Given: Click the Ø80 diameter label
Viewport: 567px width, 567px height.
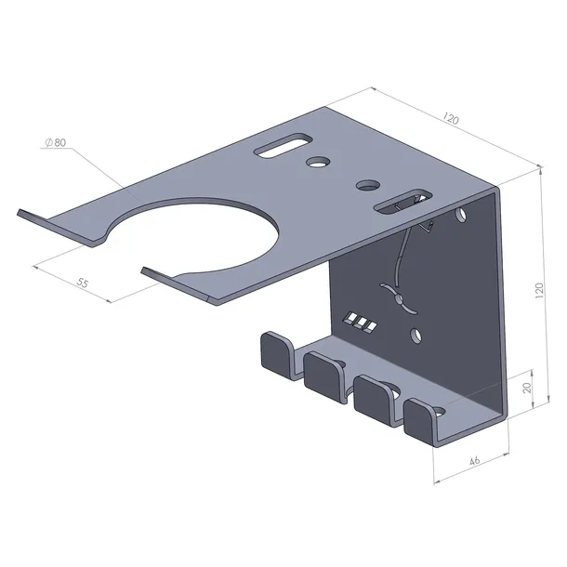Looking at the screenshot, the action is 56,143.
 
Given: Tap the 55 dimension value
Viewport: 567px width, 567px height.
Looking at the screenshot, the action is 83,283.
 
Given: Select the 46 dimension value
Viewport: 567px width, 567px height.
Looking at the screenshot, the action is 474,461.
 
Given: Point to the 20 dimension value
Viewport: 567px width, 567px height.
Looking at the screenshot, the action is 527,388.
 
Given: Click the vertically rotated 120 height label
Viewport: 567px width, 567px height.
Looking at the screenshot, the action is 539,290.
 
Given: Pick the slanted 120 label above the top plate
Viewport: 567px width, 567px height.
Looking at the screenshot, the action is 450,118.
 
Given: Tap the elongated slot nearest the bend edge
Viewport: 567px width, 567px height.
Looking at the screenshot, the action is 403,202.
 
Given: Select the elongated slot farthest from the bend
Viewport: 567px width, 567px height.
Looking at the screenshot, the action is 283,145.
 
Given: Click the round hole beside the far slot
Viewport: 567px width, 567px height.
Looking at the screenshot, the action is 317,162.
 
